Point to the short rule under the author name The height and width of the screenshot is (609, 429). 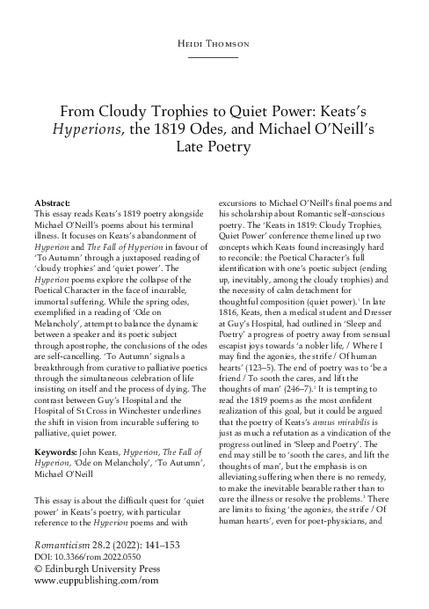click(x=214, y=55)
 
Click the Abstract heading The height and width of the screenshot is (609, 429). click(x=52, y=202)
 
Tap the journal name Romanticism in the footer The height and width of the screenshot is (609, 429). click(x=62, y=546)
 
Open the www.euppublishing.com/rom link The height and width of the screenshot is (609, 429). click(x=89, y=582)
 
